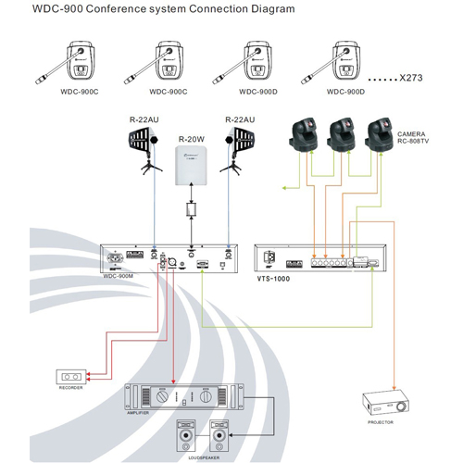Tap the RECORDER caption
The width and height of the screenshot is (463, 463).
click(71, 390)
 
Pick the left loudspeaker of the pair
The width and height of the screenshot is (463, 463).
click(187, 434)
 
